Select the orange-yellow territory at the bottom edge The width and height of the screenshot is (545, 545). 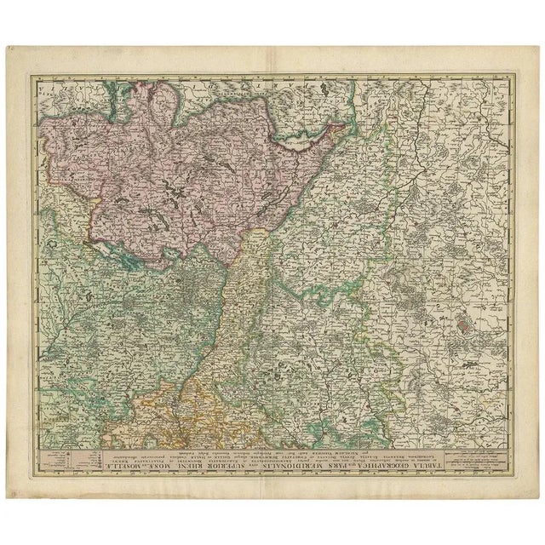click(204, 422)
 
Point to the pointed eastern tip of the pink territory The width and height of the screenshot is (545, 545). click(345, 128)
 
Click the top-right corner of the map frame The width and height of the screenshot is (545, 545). click(514, 75)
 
